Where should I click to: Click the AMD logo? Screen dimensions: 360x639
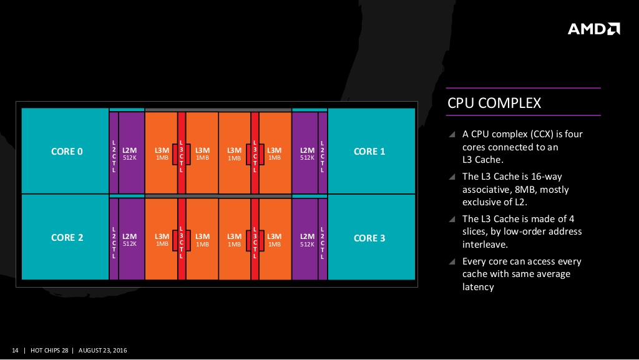(x=593, y=29)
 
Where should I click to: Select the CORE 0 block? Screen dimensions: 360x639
(x=66, y=152)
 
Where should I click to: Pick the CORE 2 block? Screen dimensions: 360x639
(x=66, y=238)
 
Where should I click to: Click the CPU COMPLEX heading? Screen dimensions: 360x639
(x=494, y=103)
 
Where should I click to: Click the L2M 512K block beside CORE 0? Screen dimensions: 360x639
(x=130, y=153)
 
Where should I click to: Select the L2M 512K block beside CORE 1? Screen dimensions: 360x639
(x=307, y=153)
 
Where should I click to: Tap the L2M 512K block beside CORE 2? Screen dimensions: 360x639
(x=130, y=239)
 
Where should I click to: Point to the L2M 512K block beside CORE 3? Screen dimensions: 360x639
(x=307, y=239)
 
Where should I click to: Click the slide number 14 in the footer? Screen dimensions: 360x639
(x=16, y=349)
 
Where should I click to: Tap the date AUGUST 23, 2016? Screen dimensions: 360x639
(x=103, y=349)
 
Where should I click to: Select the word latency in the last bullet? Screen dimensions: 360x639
(x=478, y=287)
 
